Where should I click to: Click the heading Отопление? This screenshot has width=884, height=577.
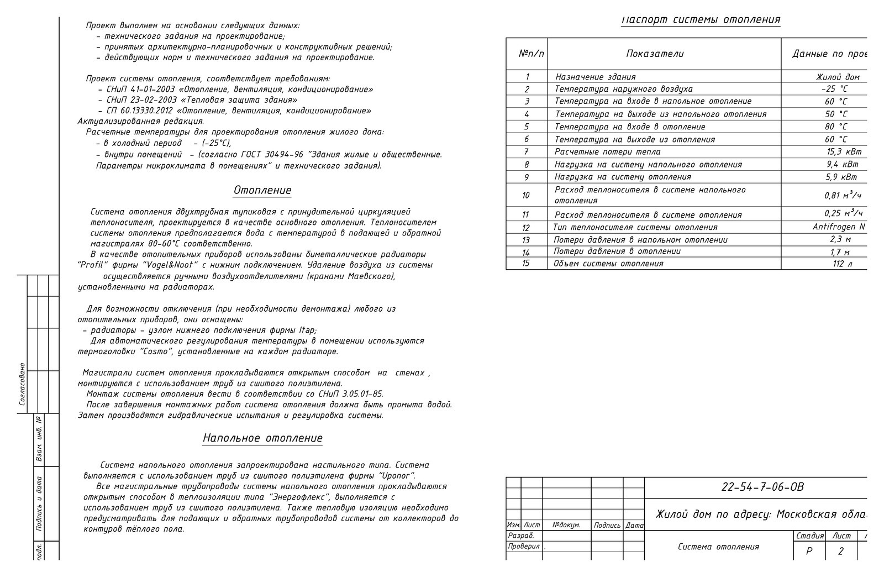pos(262,190)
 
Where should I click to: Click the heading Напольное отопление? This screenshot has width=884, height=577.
pos(262,438)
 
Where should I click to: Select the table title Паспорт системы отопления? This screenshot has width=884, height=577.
pos(700,20)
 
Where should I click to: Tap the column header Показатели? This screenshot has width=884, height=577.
pos(655,54)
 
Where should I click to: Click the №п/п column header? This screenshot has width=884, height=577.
pos(531,54)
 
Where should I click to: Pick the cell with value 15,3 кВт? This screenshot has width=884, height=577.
pos(844,151)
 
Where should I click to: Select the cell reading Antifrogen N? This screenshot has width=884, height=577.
pos(839,227)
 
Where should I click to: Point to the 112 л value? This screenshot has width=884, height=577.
pos(842,264)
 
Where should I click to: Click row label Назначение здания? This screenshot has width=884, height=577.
pos(595,77)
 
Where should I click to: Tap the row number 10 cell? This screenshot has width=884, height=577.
pos(525,195)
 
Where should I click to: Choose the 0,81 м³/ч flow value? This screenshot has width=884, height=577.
pos(843,195)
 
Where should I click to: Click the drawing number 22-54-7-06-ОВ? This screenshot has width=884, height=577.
pos(762,487)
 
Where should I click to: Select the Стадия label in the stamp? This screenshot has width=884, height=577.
pos(809,536)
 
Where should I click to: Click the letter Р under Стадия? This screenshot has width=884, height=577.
pos(809,551)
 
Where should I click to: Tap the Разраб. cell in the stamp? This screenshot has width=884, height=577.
pos(520,536)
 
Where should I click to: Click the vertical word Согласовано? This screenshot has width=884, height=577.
pos(22,384)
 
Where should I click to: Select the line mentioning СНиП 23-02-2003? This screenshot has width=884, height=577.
pos(202,100)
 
